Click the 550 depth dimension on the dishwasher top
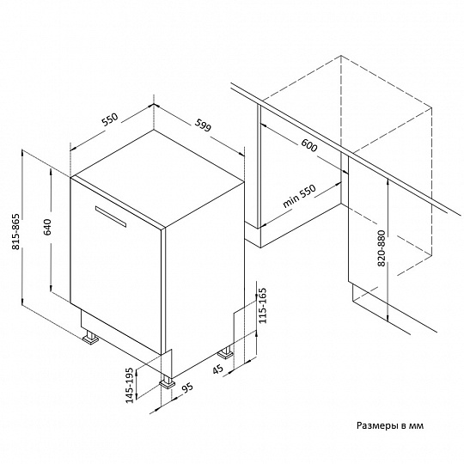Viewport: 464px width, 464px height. (110, 119)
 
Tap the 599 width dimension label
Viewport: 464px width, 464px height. (203, 125)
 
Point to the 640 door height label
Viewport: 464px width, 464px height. (47, 227)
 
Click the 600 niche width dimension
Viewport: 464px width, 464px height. (309, 145)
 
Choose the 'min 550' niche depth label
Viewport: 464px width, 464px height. (300, 196)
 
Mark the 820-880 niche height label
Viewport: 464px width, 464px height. (382, 248)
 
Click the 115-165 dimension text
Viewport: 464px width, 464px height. (262, 305)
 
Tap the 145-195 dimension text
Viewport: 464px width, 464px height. (130, 385)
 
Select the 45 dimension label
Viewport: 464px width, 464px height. (217, 369)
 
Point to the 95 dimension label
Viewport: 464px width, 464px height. (187, 388)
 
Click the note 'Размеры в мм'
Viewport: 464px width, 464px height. (390, 425)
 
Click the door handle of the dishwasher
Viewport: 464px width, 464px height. (111, 217)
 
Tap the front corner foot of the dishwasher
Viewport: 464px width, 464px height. (168, 382)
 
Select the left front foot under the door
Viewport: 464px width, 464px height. (90, 339)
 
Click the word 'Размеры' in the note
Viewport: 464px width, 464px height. (374, 426)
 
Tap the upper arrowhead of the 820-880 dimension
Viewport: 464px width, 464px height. (388, 181)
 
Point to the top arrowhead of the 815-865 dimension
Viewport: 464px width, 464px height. (22, 153)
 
